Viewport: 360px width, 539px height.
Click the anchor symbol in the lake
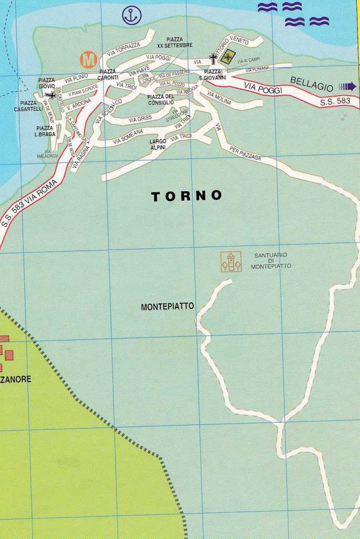pos(132,15)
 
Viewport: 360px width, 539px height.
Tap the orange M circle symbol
pos(89,59)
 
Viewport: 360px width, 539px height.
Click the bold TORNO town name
pos(187,196)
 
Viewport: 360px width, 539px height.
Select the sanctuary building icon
pos(231,262)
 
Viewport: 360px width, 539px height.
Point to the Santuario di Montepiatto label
pos(271,261)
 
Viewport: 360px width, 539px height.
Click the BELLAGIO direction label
pos(312,84)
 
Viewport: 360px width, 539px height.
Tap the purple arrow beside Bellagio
pos(348,86)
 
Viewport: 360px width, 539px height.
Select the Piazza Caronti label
pos(107,75)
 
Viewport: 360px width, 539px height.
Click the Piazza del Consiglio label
pos(160,100)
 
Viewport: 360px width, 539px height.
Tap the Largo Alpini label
pos(158,144)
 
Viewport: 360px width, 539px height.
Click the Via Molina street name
pos(219,98)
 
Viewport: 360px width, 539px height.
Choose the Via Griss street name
pos(140,119)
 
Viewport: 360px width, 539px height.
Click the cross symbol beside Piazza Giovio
pos(50,95)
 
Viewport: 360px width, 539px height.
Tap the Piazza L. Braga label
pos(46,131)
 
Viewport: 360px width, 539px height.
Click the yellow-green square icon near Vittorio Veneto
pos(228,58)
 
